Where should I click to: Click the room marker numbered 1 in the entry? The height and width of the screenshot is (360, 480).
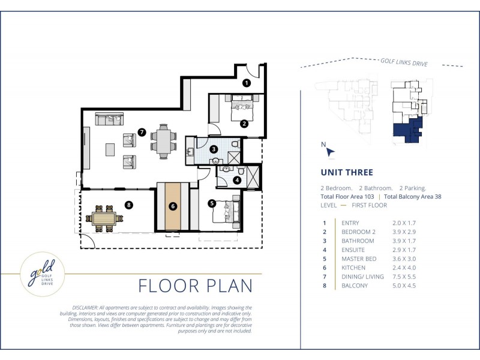click(247, 83)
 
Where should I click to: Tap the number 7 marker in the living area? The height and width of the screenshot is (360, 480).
click(142, 132)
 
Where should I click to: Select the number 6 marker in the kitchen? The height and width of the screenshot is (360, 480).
click(173, 206)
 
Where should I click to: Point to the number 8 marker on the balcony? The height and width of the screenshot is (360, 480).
click(129, 205)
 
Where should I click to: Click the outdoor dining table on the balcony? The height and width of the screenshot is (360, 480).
click(104, 218)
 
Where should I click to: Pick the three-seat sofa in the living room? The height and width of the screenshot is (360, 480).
click(109, 119)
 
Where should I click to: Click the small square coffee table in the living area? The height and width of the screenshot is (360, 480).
click(110, 149)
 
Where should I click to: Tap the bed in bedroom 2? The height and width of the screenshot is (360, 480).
click(242, 108)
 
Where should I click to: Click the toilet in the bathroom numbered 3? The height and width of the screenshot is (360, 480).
click(236, 144)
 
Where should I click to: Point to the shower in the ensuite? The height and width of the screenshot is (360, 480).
click(253, 177)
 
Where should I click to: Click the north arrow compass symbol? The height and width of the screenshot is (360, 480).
click(329, 152)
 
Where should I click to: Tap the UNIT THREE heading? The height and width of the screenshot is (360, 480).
click(347, 172)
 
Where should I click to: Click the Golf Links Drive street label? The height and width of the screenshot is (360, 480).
click(404, 62)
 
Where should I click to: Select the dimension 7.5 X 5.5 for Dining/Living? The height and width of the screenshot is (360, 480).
click(404, 277)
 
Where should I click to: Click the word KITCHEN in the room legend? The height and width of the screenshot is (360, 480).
click(353, 268)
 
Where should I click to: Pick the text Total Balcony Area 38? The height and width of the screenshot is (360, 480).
click(413, 197)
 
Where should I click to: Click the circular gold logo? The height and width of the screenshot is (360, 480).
click(43, 274)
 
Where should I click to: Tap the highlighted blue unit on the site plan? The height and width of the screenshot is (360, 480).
click(408, 130)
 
